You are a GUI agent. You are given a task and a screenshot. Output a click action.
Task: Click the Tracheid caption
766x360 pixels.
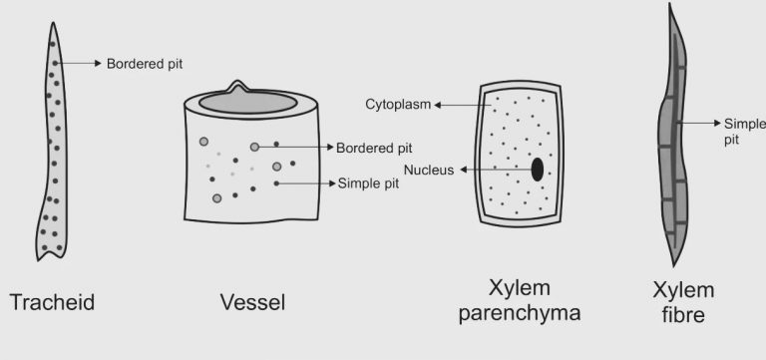pos(52,301)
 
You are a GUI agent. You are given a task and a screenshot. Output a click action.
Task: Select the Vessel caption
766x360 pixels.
pos(252,301)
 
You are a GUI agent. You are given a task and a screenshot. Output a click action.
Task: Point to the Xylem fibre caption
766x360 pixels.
pos(683,303)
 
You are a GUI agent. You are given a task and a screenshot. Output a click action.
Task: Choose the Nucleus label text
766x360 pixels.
pos(428,171)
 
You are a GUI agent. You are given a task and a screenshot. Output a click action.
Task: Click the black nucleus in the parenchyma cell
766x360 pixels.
pos(538,170)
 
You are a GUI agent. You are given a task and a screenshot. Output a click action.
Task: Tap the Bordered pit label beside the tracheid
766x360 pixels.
pos(145,64)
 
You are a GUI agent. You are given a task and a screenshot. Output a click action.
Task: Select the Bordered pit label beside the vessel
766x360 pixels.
pos(375,148)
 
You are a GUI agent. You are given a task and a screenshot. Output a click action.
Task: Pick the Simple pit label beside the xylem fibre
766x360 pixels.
pos(743,130)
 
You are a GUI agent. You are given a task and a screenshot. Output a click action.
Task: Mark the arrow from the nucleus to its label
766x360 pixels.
pos(494,171)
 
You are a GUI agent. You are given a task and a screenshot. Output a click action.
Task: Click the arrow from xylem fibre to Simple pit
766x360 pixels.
pos(698,123)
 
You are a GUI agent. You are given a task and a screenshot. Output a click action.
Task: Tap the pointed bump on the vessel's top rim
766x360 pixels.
pos(236,85)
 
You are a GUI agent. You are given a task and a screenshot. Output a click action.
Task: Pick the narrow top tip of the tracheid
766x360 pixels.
pos(50,26)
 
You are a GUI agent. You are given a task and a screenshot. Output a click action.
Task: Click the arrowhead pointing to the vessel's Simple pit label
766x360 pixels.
pos(330,183)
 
